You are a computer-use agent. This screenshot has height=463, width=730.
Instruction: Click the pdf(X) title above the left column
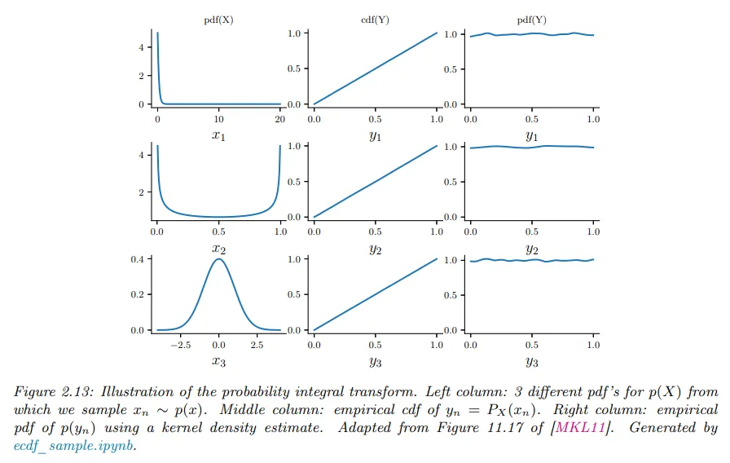(x=218, y=19)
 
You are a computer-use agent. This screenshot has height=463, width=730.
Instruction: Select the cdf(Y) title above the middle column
(x=374, y=19)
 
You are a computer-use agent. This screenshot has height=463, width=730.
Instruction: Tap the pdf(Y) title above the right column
(x=531, y=19)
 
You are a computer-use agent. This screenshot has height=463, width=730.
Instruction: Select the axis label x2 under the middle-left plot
(x=218, y=248)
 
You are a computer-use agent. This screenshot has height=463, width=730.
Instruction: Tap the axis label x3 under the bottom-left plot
(x=218, y=361)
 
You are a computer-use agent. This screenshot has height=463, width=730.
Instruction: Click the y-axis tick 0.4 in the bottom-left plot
(x=138, y=259)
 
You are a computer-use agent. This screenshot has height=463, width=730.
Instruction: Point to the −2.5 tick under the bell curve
(x=179, y=345)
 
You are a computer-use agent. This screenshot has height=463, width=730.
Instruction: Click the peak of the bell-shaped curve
(x=218, y=260)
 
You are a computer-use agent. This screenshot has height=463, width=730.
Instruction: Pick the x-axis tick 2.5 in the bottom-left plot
(x=257, y=345)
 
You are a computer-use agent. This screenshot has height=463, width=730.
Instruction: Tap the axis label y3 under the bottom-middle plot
(x=375, y=361)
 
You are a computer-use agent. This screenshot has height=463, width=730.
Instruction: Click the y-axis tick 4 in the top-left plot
(x=142, y=47)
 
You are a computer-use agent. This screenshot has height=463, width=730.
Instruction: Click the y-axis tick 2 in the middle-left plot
(x=142, y=192)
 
